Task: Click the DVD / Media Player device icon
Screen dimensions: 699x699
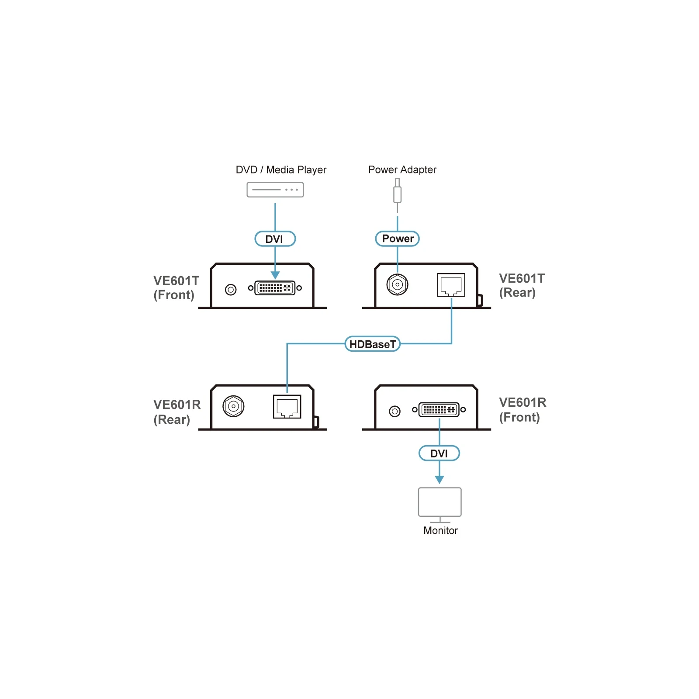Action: [275, 190]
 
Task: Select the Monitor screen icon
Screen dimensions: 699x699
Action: [439, 505]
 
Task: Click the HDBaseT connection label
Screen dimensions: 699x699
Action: [372, 344]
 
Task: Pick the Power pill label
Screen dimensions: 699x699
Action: [397, 239]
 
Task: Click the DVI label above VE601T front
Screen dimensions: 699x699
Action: [275, 239]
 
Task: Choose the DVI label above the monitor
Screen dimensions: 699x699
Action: [439, 453]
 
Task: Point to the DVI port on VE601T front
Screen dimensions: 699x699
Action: [275, 288]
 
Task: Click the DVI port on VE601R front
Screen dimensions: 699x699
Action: [439, 409]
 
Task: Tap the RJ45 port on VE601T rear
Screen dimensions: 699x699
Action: [451, 285]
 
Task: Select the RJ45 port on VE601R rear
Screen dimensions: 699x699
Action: [287, 406]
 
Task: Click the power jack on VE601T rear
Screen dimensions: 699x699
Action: [397, 285]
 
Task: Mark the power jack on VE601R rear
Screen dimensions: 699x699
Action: [233, 406]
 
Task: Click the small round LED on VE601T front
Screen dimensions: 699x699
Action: [231, 289]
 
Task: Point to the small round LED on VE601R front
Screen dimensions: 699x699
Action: [394, 411]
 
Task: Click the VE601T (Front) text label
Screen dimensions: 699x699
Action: [176, 287]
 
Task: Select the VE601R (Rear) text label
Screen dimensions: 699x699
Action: [177, 412]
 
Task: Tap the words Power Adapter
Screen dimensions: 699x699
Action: [402, 170]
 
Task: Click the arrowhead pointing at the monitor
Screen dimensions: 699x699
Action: [439, 479]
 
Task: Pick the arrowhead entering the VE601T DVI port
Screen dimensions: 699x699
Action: [275, 275]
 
